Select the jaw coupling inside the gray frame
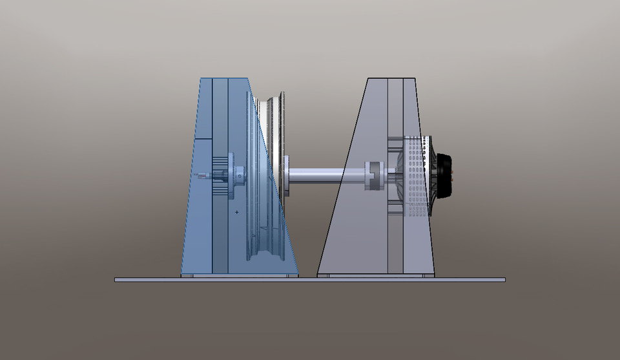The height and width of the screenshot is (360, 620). pos(374,175)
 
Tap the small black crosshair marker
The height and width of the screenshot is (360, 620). pos(237,212)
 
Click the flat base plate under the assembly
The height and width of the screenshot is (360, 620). pos(310,280)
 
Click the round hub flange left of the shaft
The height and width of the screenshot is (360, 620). pos(284,175)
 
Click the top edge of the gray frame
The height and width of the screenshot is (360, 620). pos(390,79)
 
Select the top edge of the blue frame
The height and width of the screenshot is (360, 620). pos(223,79)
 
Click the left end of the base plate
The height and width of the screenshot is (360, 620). pos(118,280)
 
